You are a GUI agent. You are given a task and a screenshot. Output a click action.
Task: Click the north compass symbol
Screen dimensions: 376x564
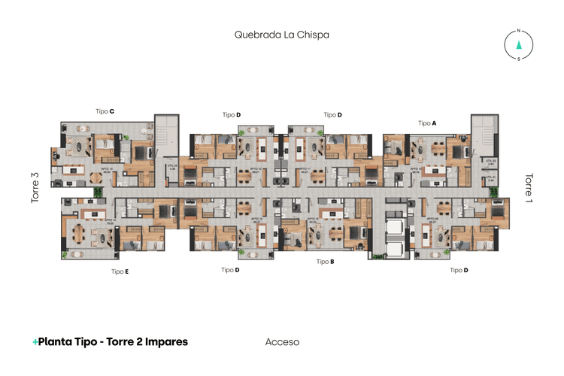point(518,44)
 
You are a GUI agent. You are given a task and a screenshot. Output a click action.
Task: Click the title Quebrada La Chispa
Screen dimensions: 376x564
point(282,35)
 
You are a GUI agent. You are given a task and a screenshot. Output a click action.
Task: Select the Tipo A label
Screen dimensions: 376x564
point(427,123)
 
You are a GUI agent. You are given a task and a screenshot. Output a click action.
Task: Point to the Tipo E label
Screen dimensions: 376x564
point(120,271)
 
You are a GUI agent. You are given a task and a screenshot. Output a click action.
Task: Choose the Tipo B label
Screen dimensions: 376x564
point(325,262)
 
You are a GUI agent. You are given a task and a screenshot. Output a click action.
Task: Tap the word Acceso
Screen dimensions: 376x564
point(282,342)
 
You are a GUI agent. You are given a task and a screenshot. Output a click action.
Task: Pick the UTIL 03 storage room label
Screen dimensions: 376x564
point(172,168)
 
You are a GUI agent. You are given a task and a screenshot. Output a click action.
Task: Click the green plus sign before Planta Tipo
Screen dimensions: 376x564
point(35,342)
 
